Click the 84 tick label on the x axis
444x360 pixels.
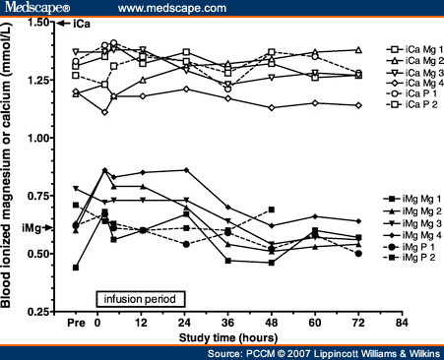tap(400, 322)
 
